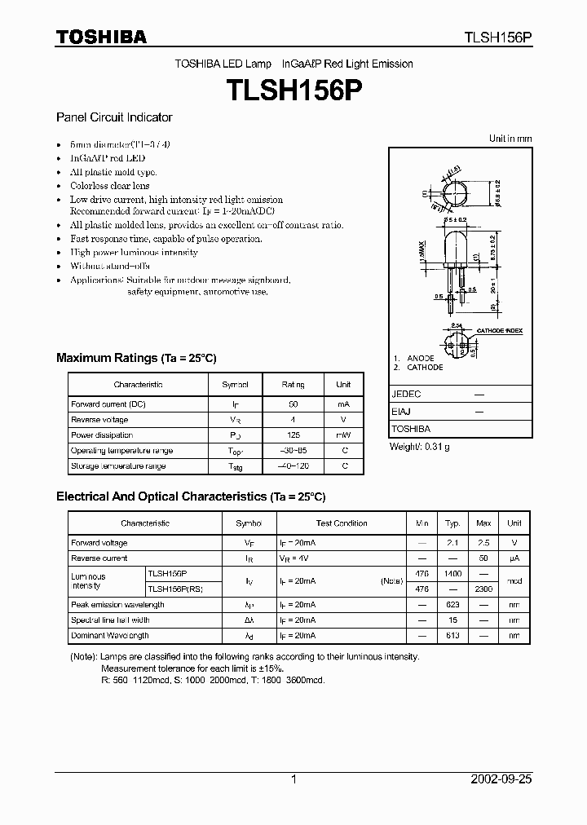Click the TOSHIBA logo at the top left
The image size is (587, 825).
(101, 37)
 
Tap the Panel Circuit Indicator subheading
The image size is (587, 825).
(114, 117)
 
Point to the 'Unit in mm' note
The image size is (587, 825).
(510, 139)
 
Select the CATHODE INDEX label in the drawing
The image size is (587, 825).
(498, 331)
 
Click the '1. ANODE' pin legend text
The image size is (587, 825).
(415, 359)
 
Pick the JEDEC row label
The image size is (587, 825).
(407, 394)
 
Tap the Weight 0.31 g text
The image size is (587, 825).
(420, 447)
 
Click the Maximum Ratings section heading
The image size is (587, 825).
(136, 358)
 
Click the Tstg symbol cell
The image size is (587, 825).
(236, 467)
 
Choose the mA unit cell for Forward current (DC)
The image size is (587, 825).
(343, 404)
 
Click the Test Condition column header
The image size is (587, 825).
(342, 523)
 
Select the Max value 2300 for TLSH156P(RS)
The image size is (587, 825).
(483, 589)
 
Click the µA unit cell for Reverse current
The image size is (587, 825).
(514, 558)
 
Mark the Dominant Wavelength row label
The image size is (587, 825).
(110, 636)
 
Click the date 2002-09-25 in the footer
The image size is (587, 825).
(502, 779)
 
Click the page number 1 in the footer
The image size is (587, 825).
(293, 779)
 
